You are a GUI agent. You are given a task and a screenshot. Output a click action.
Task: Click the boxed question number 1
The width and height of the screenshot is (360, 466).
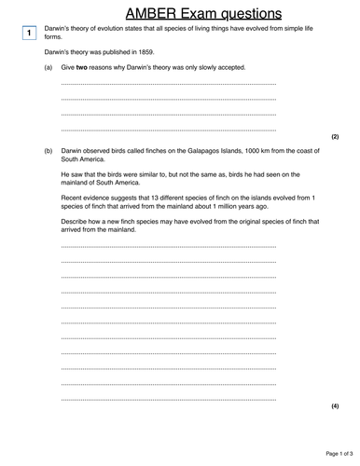point(30,34)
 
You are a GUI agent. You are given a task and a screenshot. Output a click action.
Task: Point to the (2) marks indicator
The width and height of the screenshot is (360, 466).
point(335,136)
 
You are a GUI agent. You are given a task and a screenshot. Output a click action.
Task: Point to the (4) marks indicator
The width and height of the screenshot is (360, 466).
point(335,407)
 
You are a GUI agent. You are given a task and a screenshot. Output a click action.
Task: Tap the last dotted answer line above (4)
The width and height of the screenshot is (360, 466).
point(168,399)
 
